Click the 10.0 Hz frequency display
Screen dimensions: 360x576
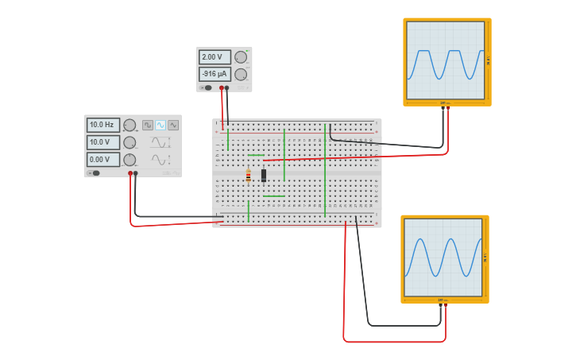102,125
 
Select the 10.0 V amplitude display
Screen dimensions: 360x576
102,142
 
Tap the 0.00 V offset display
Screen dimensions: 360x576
102,160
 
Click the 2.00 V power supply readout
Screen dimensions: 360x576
214,57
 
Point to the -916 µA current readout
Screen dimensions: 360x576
214,74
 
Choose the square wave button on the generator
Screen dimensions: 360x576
148,125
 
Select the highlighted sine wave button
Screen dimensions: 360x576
160,125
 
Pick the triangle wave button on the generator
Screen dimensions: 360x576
173,125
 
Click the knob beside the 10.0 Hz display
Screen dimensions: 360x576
130,125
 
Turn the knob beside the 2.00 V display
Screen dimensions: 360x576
240,57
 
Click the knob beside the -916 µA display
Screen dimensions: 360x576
240,74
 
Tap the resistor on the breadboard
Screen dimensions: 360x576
248,176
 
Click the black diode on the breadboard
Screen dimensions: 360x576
264,176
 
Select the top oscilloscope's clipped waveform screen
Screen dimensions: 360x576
446,60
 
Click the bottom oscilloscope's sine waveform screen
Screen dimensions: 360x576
443,257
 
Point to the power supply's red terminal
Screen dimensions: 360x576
222,87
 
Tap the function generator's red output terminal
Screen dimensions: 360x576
130,172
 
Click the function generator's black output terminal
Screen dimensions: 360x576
136,172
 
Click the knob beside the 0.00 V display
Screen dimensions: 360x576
130,160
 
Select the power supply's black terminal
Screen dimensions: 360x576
227,87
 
